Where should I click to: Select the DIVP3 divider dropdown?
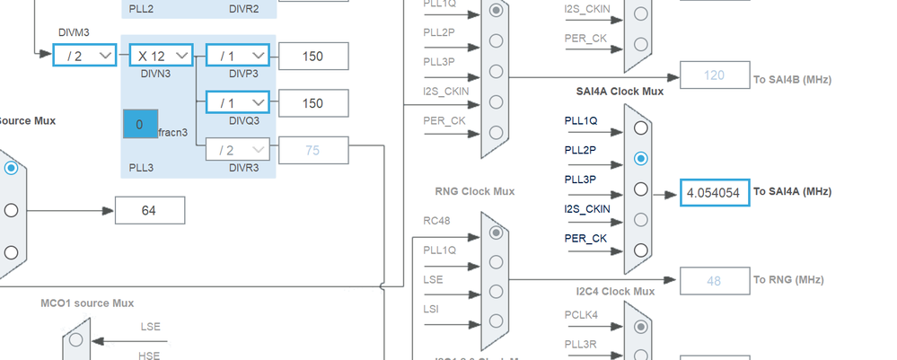(237, 56)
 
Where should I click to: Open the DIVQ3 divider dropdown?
(237, 102)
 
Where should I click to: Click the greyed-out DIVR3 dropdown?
(237, 150)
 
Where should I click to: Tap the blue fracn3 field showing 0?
(140, 125)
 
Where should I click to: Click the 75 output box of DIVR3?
(312, 150)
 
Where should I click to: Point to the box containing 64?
(149, 211)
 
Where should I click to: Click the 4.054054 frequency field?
(714, 192)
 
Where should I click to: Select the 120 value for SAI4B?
(714, 75)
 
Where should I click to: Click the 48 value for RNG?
(714, 281)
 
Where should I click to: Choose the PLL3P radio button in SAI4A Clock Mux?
(640, 189)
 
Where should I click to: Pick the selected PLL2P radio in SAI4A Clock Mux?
(640, 159)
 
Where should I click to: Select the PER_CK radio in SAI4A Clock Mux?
(640, 250)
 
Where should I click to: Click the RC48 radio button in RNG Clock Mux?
(496, 232)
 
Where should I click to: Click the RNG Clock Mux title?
(475, 191)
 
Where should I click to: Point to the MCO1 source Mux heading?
(87, 303)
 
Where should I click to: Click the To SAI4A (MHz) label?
(792, 192)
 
